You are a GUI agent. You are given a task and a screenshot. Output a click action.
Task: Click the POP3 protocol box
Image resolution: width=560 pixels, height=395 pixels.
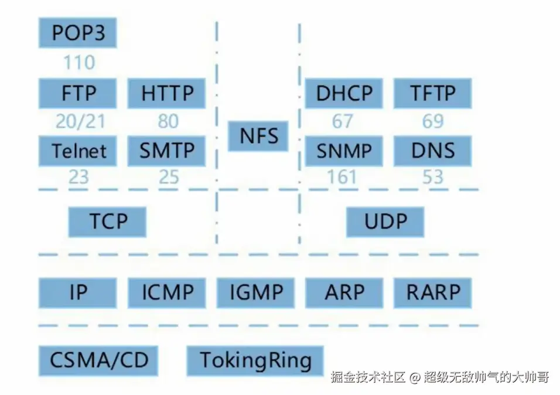click(x=77, y=33)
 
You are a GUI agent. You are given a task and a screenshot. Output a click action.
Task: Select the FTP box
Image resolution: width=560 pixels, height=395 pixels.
click(x=77, y=93)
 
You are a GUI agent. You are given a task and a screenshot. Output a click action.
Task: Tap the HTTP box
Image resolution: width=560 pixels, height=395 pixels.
click(x=167, y=93)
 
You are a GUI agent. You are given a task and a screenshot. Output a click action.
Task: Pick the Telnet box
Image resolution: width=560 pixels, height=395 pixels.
click(x=77, y=151)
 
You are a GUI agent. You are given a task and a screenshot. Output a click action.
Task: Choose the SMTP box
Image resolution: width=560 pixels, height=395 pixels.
click(x=167, y=151)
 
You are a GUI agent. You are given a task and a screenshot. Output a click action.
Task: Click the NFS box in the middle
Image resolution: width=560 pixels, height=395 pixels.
click(x=258, y=136)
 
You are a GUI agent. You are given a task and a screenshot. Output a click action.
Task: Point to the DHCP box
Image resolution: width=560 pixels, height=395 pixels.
click(x=344, y=93)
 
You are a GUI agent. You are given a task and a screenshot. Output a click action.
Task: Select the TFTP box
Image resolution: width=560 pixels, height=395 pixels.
click(x=432, y=93)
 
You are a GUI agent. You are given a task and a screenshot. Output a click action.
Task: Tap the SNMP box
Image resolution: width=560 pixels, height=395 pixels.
click(x=344, y=151)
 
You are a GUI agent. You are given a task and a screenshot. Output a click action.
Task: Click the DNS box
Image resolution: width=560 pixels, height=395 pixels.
click(x=432, y=151)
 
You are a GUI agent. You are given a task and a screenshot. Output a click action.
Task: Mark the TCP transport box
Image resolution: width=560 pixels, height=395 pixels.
click(x=108, y=222)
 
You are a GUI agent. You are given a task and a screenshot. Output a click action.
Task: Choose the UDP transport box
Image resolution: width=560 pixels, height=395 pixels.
click(x=385, y=222)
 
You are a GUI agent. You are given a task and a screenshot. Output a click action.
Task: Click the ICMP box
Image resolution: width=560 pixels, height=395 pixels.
click(x=167, y=292)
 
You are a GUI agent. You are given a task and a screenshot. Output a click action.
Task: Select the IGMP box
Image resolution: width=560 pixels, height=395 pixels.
click(x=256, y=292)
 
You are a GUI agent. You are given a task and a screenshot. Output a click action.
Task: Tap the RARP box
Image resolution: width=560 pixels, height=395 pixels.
click(x=432, y=292)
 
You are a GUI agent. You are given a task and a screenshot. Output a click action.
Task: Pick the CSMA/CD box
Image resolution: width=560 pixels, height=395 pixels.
click(x=98, y=360)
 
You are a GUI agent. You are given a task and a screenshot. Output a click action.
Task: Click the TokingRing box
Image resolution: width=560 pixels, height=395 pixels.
click(x=255, y=360)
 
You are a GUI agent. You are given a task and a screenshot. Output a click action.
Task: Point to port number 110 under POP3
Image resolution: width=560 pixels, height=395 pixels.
click(x=78, y=62)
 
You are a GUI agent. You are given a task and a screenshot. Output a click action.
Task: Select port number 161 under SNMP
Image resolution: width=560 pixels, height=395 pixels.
click(x=342, y=176)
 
